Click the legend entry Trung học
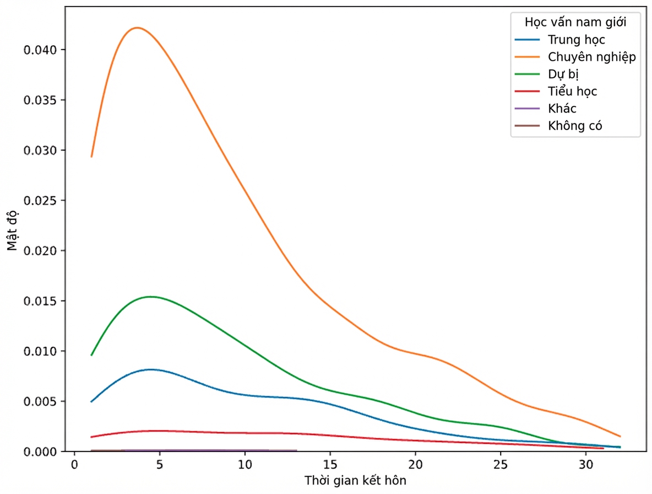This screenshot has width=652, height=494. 576,40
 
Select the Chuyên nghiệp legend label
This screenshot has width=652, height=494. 592,57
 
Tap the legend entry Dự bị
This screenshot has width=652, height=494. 563,74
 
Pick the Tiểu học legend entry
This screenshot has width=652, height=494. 572,91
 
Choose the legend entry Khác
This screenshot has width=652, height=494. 562,108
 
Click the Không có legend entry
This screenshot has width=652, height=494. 575,125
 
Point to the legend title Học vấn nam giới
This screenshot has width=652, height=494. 575,22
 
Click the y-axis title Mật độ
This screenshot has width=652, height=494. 13,230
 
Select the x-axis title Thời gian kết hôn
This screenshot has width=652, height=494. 355,480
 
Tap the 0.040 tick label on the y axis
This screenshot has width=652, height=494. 40,50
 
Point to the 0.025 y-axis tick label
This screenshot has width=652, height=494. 40,201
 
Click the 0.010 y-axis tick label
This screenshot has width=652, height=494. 40,351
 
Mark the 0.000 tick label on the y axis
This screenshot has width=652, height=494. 40,452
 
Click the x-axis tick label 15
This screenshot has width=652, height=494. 330,464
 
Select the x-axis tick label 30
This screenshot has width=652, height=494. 586,464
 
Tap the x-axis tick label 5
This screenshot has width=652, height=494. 160,464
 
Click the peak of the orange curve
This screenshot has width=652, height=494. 137,28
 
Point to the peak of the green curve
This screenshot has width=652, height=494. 150,297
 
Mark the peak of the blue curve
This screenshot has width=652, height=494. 150,369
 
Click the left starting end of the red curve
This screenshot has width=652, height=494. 91,437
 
